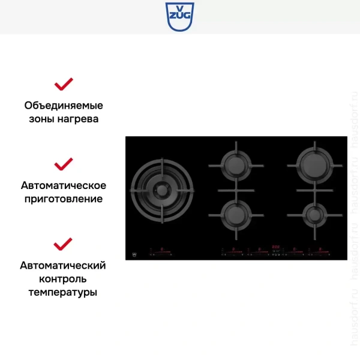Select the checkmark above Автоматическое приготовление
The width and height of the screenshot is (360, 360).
(63, 163)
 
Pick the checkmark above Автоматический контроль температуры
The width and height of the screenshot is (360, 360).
(63, 244)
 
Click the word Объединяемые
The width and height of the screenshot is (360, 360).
(64, 106)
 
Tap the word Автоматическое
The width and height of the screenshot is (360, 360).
(64, 185)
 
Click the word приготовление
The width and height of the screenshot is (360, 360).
(64, 199)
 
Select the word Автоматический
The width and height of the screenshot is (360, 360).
(63, 265)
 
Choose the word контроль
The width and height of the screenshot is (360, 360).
(63, 279)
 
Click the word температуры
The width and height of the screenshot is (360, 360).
(63, 293)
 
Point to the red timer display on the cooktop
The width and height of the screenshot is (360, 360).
(277, 246)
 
